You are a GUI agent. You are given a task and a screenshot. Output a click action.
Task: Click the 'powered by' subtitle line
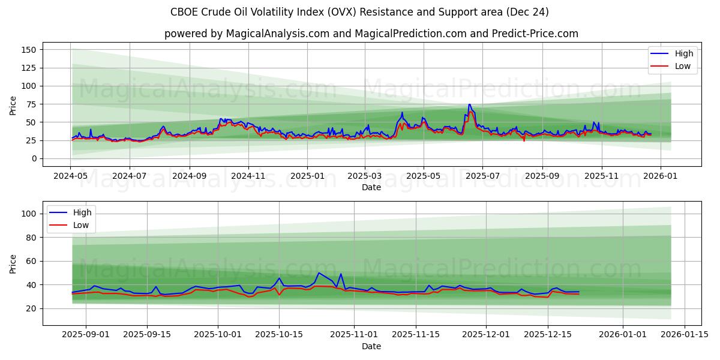[371, 34]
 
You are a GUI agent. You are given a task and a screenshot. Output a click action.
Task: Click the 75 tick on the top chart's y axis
[31, 104]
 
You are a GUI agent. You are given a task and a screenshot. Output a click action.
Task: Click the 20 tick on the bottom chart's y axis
[31, 308]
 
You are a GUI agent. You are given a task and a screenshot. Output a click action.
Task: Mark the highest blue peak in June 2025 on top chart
[470, 104]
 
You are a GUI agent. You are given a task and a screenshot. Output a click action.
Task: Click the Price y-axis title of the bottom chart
[13, 263]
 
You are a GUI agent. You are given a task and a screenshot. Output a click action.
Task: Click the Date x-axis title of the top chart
[371, 188]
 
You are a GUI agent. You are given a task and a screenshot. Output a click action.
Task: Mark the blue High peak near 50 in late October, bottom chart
[319, 273]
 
